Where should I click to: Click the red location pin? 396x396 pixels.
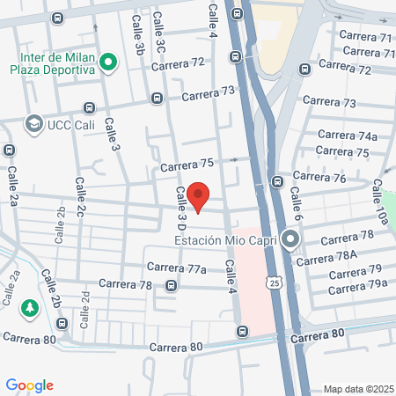(199, 196)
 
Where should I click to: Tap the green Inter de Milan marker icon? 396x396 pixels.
(108, 61)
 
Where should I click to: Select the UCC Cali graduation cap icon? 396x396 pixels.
(34, 124)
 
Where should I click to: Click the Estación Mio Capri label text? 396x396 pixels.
(225, 239)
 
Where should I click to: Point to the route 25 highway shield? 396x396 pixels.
(275, 282)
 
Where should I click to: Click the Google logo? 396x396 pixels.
(30, 385)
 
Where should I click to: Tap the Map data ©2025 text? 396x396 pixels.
(357, 388)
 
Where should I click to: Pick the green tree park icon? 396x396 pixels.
(29, 308)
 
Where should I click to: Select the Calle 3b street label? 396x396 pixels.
(139, 38)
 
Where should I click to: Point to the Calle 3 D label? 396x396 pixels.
(181, 209)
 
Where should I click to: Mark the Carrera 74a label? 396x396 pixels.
(347, 136)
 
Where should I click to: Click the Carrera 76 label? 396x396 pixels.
(320, 179)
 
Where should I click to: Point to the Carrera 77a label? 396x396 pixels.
(176, 268)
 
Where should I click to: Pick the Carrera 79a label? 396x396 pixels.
(358, 283)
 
